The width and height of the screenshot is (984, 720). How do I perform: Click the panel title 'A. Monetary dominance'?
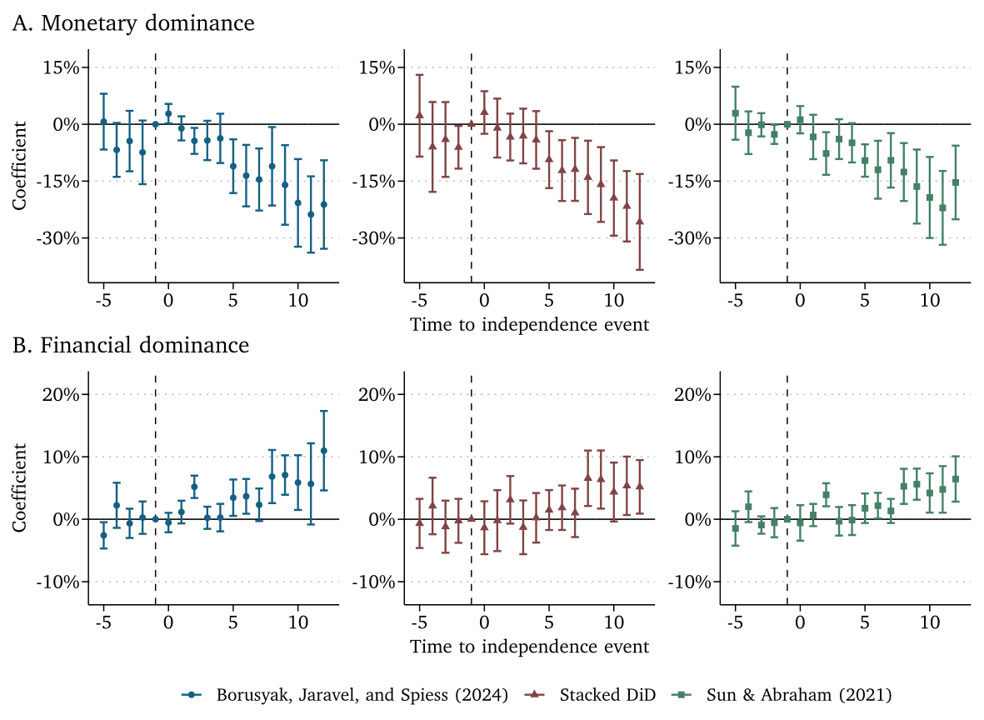click(133, 24)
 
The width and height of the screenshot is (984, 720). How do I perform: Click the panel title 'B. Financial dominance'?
click(131, 345)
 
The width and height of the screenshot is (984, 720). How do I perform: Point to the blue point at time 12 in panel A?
click(323, 204)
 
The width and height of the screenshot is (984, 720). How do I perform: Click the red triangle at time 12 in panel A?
click(639, 221)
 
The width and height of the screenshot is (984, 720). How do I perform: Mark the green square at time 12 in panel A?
click(955, 182)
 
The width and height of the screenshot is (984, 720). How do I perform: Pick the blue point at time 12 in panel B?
click(323, 451)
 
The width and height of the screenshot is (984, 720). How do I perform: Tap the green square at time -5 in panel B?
click(735, 528)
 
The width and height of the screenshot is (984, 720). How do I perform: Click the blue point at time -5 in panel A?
click(103, 122)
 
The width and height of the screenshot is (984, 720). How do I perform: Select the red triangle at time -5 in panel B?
click(419, 522)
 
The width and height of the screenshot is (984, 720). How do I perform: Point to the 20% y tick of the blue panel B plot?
click(61, 394)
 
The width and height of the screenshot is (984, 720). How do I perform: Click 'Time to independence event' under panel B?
click(529, 647)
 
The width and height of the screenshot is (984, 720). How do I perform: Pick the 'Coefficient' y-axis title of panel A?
click(19, 163)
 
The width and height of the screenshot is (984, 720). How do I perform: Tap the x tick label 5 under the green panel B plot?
click(865, 621)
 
